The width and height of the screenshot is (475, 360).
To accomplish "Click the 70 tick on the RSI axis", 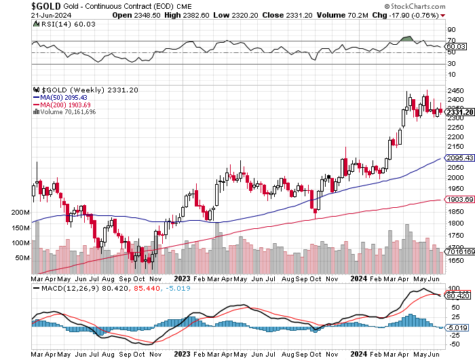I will [x=450, y=41].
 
